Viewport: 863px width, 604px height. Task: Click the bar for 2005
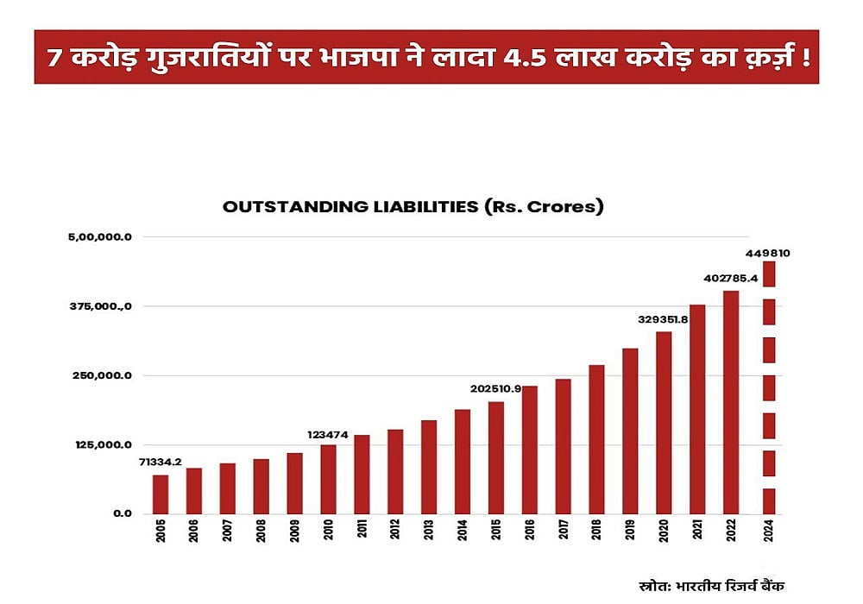coord(161,494)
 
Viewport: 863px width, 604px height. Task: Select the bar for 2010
coord(328,479)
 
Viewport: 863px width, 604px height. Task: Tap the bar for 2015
coord(495,457)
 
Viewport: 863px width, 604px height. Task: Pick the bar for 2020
coord(663,423)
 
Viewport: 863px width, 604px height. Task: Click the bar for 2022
coord(730,402)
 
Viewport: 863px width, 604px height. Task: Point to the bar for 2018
coord(596,439)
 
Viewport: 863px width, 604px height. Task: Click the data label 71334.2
coord(161,462)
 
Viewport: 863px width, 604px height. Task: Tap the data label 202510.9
coord(495,388)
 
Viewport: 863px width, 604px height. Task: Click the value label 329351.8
coord(663,319)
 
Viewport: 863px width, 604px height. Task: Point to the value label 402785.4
coord(730,278)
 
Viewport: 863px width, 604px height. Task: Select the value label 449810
coord(768,254)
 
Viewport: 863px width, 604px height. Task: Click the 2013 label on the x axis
coord(429,532)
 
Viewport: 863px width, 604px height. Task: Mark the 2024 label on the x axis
coord(768,532)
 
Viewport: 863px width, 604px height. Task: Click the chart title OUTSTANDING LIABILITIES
coord(413,207)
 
